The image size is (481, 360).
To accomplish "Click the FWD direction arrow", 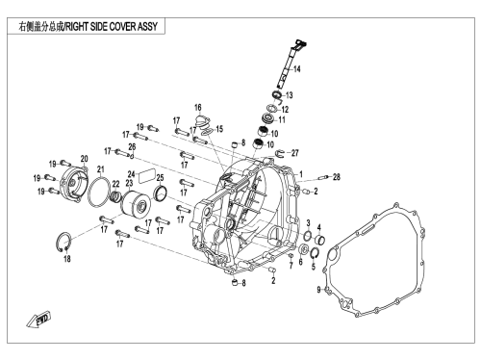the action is pyautogui.click(x=38, y=319).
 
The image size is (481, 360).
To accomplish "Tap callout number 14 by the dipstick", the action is pyautogui.click(x=296, y=69).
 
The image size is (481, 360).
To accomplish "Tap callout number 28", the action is pyautogui.click(x=336, y=176).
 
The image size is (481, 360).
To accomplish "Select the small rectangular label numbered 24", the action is pyautogui.click(x=147, y=176).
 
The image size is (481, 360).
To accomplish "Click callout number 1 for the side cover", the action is pyautogui.click(x=301, y=174).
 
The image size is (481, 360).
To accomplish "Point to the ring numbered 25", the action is pyautogui.click(x=161, y=193).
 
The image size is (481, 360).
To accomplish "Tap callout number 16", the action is pyautogui.click(x=198, y=107).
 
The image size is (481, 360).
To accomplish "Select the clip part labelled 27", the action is pyautogui.click(x=280, y=154).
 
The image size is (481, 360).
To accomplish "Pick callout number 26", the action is pyautogui.click(x=132, y=147).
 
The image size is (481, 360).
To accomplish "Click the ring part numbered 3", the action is pyautogui.click(x=307, y=236).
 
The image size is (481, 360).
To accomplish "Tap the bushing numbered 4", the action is pyautogui.click(x=319, y=240).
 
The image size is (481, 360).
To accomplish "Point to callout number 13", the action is pyautogui.click(x=289, y=95).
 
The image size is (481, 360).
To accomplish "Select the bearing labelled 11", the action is pyautogui.click(x=268, y=118).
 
